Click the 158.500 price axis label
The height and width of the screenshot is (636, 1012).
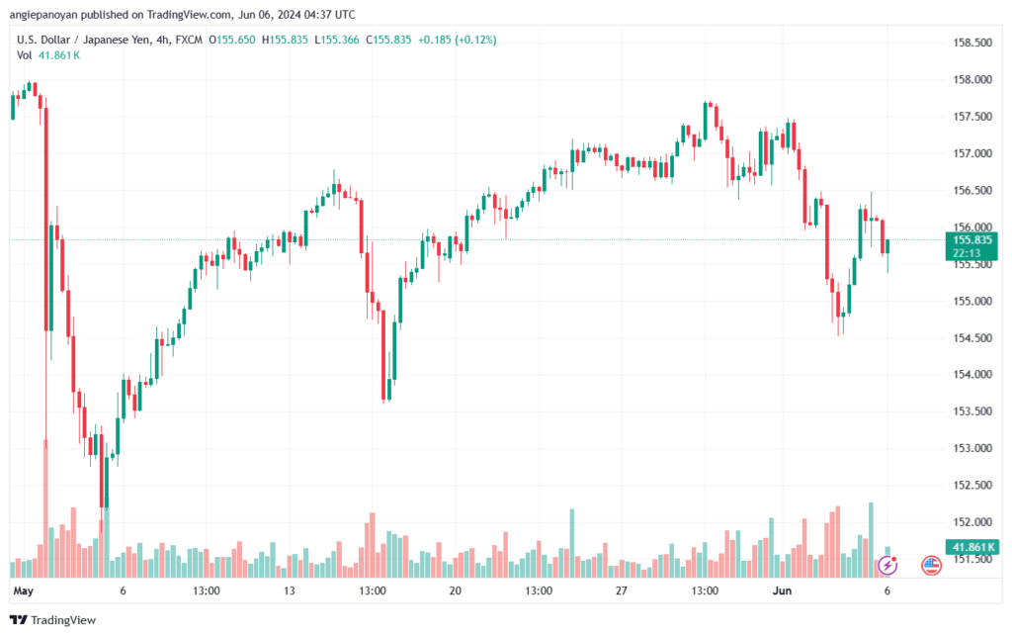pos(972,43)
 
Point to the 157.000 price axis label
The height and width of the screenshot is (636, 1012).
pos(972,153)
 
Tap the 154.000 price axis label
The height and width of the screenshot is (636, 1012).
pos(972,375)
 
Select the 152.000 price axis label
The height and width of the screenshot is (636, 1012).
pos(972,521)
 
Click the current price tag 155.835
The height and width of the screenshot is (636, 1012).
pos(972,240)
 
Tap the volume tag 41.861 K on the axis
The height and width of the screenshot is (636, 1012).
pos(972,548)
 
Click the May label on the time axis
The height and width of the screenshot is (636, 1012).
pos(24,591)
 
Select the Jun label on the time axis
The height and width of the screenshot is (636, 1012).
pos(783,591)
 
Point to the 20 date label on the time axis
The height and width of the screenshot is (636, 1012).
pos(455,591)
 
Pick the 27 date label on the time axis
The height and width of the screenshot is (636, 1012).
pos(621,591)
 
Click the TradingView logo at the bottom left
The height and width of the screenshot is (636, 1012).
pos(53,620)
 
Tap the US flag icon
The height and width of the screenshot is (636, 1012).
pos(931,566)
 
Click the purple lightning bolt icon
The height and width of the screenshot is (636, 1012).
pos(887,566)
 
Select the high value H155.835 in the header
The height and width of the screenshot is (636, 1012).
pos(285,40)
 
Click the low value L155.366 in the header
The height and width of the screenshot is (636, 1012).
pos(337,40)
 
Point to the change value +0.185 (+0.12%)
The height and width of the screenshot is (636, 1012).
pos(457,40)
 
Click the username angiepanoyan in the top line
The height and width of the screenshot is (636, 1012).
pos(43,14)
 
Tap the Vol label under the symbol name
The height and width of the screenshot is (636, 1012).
pos(24,55)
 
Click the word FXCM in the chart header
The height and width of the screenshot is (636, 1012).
pos(189,40)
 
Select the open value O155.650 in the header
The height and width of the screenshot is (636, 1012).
pos(231,40)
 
